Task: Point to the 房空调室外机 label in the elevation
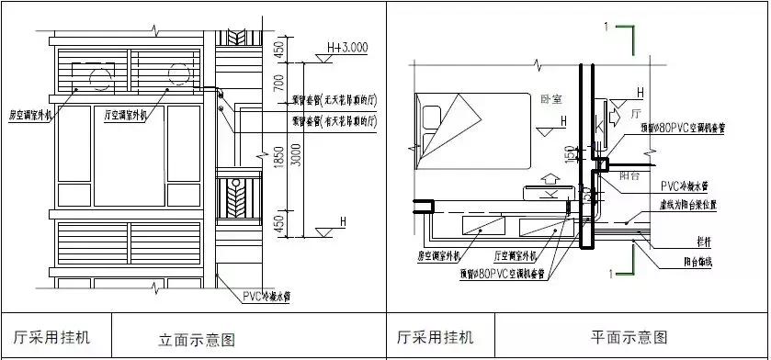tap(30, 117)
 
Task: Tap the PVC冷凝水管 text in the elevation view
tap(267, 296)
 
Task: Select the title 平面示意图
tap(629, 338)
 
